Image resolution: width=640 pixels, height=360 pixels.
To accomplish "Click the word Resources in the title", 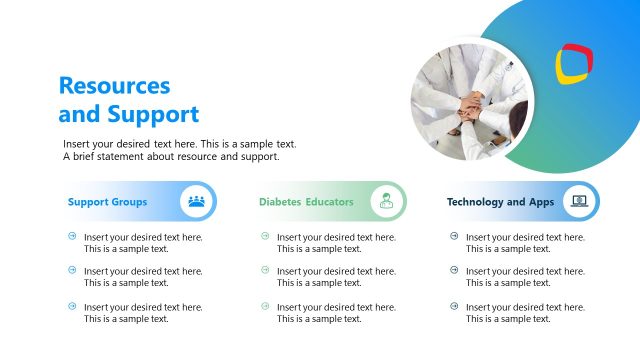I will (x=114, y=86).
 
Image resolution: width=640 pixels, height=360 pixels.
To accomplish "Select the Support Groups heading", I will (x=107, y=202).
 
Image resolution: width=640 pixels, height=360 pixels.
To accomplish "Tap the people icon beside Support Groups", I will (x=197, y=201).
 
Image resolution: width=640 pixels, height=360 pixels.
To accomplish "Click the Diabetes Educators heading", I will (x=306, y=202).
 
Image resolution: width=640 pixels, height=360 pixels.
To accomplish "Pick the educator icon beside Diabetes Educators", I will (x=386, y=201).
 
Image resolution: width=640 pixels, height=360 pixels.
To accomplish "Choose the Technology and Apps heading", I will (x=500, y=202).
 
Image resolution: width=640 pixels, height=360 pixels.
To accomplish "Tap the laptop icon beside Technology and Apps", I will (x=578, y=201).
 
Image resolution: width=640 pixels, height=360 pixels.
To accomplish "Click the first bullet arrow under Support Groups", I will (x=72, y=236).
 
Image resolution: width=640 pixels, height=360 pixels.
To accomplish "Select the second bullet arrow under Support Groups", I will (x=72, y=270).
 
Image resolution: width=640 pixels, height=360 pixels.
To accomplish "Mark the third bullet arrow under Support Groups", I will (x=72, y=306).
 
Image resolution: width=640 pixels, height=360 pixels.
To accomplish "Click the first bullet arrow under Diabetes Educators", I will (x=265, y=236).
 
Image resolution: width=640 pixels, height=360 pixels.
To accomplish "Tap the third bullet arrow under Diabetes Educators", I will (x=265, y=306).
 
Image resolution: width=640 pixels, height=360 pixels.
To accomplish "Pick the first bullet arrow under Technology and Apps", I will (x=454, y=236).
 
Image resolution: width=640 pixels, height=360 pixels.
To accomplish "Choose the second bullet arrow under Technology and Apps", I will (x=454, y=270).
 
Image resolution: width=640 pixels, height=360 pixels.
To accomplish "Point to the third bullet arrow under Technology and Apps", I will (x=454, y=306).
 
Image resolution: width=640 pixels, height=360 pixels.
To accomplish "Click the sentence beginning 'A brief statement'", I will (x=171, y=157).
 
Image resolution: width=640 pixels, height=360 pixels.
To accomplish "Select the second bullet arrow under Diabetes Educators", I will (x=265, y=270).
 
